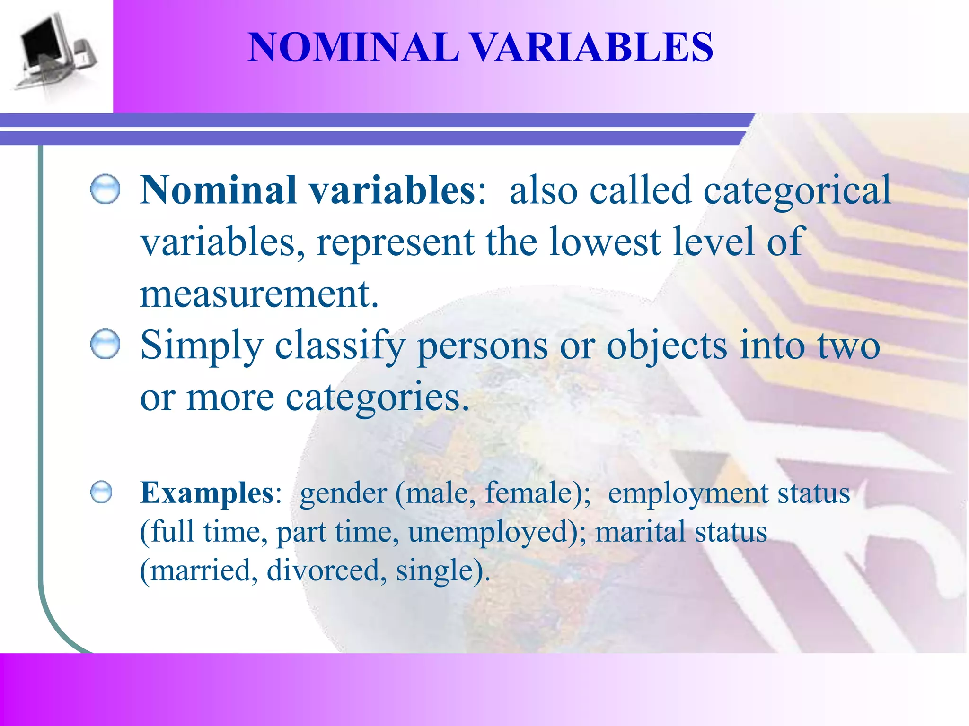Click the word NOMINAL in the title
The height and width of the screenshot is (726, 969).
point(353,47)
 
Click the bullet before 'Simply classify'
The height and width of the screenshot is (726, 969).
point(105,344)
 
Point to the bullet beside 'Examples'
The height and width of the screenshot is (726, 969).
point(101,493)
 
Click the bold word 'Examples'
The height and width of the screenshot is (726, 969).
point(207,493)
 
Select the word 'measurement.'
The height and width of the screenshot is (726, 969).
point(259,294)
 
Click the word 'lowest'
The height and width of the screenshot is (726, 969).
point(605,242)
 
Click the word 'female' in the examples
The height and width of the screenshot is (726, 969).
point(529,493)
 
